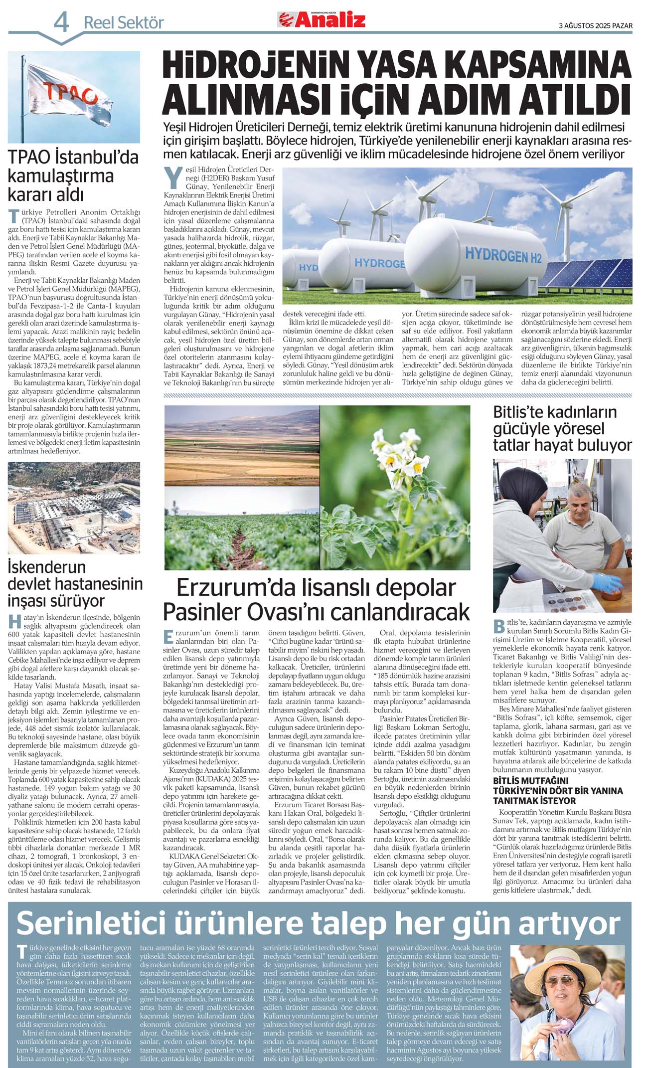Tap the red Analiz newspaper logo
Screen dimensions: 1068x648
[x=322, y=20]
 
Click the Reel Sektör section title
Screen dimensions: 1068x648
[x=123, y=23]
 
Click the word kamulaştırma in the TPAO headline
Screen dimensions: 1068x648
[x=61, y=176]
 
